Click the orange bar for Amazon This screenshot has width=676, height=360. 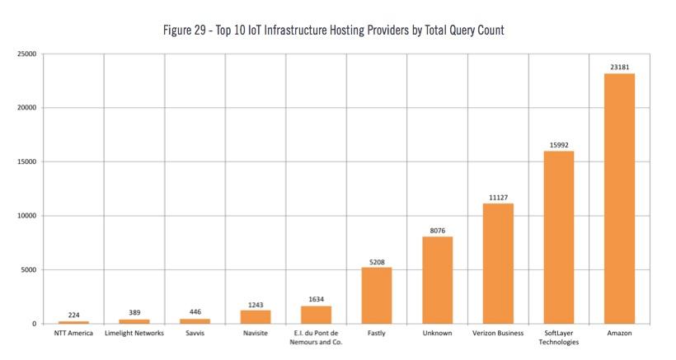tap(619, 199)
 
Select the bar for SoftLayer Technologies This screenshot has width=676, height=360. tap(559, 237)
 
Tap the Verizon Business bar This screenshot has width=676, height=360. tap(498, 264)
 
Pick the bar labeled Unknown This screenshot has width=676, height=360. tap(438, 280)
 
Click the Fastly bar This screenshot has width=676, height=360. tap(377, 296)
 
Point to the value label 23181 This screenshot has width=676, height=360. tap(619, 68)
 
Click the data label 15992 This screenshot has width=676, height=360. tap(559, 145)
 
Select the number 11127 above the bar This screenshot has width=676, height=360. tap(499, 198)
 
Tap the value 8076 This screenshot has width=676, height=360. tap(438, 231)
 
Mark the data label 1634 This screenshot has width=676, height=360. tap(316, 299)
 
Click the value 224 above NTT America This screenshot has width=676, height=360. tap(73, 316)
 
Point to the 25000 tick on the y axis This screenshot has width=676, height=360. tap(27, 54)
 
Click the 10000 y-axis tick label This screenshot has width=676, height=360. tap(27, 216)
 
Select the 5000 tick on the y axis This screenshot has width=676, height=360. tap(29, 270)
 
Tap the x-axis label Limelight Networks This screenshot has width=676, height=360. tap(134, 334)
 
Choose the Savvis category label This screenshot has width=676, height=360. tap(195, 334)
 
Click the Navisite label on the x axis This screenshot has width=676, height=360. tap(256, 334)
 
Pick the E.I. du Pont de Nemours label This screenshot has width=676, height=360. tap(316, 338)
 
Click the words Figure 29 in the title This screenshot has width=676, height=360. tap(185, 30)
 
